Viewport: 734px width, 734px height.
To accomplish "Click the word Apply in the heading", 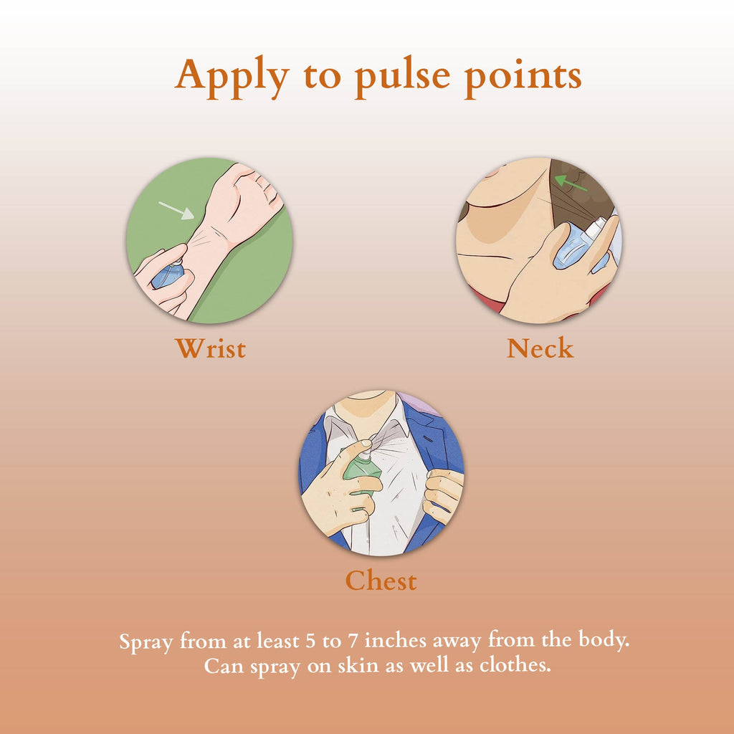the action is click(232, 77).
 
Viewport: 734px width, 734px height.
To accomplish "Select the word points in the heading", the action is click(523, 77).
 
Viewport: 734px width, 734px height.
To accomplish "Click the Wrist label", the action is click(211, 348).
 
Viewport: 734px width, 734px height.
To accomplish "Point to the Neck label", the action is click(540, 348).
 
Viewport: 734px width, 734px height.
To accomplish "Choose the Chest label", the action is click(381, 581).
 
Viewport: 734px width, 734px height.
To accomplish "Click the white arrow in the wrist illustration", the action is click(176, 211).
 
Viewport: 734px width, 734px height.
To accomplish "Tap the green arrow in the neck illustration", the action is click(571, 183).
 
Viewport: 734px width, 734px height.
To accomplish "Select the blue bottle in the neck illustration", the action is click(581, 247).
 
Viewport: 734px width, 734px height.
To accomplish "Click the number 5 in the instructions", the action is click(310, 641).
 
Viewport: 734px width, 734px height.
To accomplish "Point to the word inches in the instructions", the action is click(396, 640).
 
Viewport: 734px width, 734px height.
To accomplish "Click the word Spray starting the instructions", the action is click(146, 642).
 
